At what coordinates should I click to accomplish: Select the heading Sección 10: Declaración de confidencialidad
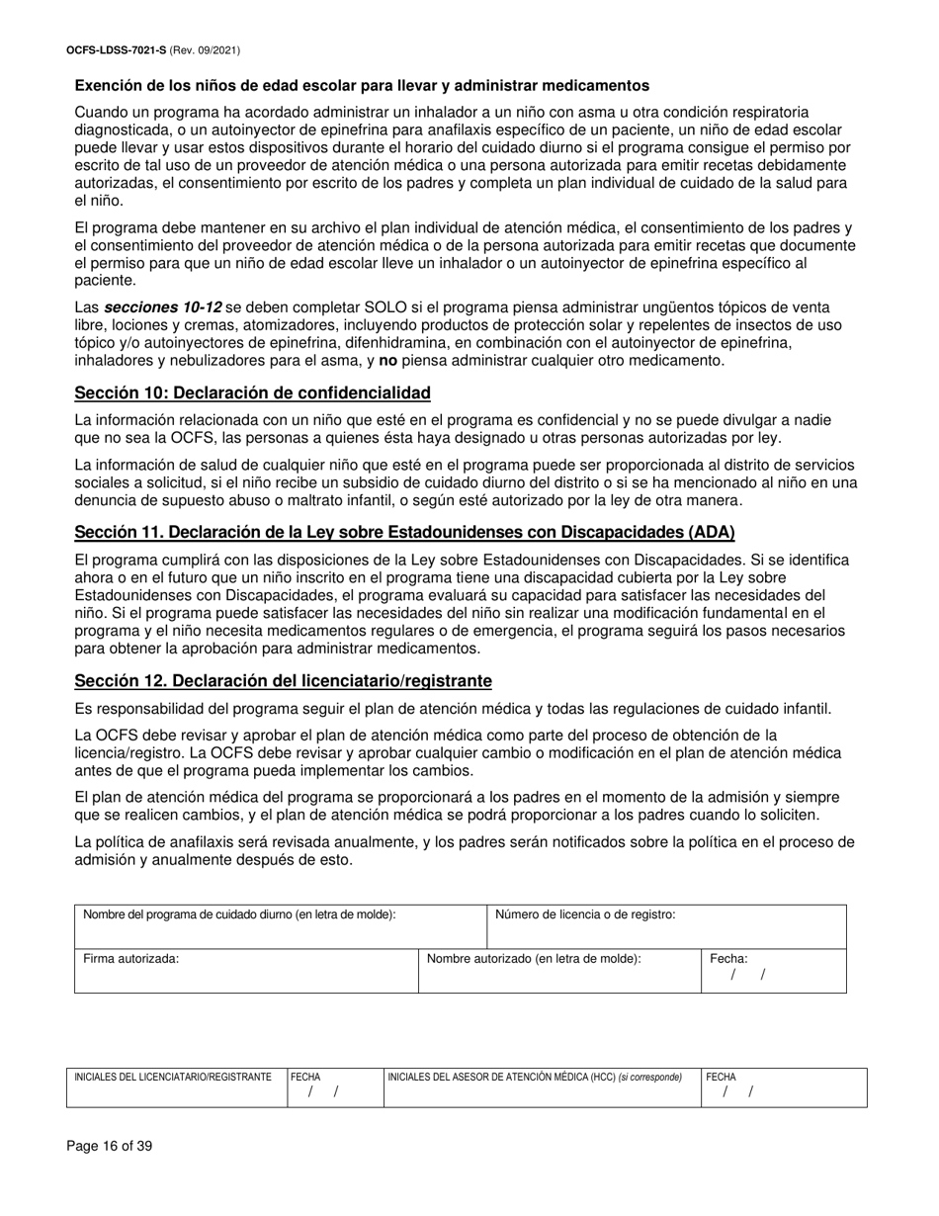[x=252, y=393]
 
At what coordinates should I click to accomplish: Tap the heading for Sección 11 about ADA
[x=405, y=533]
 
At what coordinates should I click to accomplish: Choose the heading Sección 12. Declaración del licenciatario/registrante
[x=283, y=681]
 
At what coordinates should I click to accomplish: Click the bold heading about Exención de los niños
[x=362, y=86]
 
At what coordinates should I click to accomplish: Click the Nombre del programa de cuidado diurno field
[x=281, y=927]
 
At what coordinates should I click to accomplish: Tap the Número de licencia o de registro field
[x=667, y=927]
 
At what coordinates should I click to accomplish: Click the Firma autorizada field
[x=246, y=971]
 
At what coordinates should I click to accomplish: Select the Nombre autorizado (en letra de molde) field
[x=559, y=971]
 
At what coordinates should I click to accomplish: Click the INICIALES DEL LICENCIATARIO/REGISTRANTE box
[x=178, y=1087]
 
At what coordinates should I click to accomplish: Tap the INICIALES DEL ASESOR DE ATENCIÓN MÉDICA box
[x=541, y=1087]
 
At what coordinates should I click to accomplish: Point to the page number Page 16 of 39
[x=110, y=1147]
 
